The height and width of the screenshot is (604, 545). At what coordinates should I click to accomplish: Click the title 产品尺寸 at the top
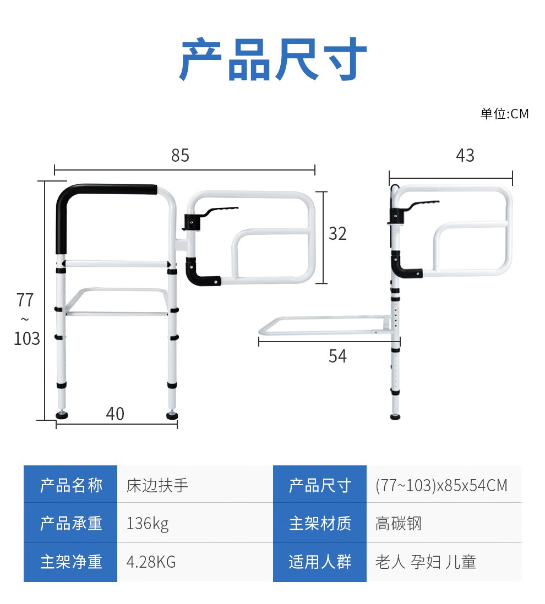pyautogui.click(x=273, y=59)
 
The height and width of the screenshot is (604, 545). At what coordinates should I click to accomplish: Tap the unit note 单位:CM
pyautogui.click(x=504, y=114)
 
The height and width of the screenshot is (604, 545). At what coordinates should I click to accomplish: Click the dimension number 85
pyautogui.click(x=181, y=156)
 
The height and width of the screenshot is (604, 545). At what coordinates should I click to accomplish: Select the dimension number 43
pyautogui.click(x=465, y=156)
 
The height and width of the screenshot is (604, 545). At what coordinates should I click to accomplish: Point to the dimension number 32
pyautogui.click(x=337, y=234)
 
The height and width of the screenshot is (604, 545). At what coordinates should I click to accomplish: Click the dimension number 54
pyautogui.click(x=337, y=356)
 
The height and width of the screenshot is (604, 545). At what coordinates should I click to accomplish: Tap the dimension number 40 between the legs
pyautogui.click(x=115, y=414)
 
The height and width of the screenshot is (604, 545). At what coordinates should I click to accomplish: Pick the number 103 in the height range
pyautogui.click(x=27, y=339)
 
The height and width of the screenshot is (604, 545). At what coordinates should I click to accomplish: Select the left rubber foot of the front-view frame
pyautogui.click(x=62, y=415)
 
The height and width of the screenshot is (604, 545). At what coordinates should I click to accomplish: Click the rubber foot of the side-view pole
pyautogui.click(x=395, y=417)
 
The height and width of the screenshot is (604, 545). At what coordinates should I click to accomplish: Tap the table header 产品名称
pyautogui.click(x=72, y=485)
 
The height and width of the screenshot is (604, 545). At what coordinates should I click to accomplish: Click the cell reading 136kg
pyautogui.click(x=148, y=524)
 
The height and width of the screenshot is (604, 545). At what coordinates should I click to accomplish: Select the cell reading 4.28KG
pyautogui.click(x=151, y=562)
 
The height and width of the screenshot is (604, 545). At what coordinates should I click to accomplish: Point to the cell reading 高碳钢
pyautogui.click(x=399, y=524)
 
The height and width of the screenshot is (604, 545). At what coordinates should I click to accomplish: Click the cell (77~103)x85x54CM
pyautogui.click(x=442, y=485)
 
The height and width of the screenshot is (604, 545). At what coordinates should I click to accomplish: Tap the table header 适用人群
pyautogui.click(x=320, y=562)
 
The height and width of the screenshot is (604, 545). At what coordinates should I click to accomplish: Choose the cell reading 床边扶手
pyautogui.click(x=157, y=485)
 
